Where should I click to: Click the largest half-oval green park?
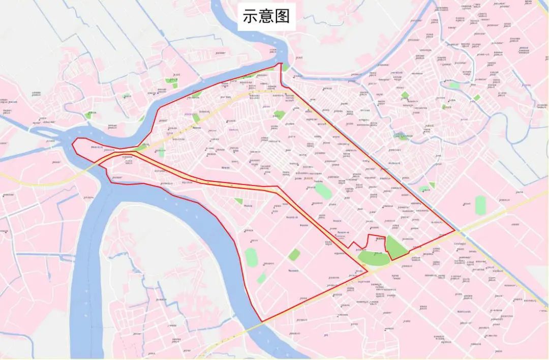pos(374,257)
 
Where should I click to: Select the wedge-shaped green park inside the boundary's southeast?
pos(395,247)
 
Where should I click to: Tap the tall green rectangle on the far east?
pos(480,204)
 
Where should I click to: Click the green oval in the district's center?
pos(323,192)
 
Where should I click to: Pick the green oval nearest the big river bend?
pos(251,257)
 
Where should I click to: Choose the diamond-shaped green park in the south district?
pos(294,255)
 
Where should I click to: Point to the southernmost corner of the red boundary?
pos(262,321)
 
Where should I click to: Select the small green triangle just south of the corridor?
pos(239,201)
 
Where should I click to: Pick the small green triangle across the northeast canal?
pos(432,186)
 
